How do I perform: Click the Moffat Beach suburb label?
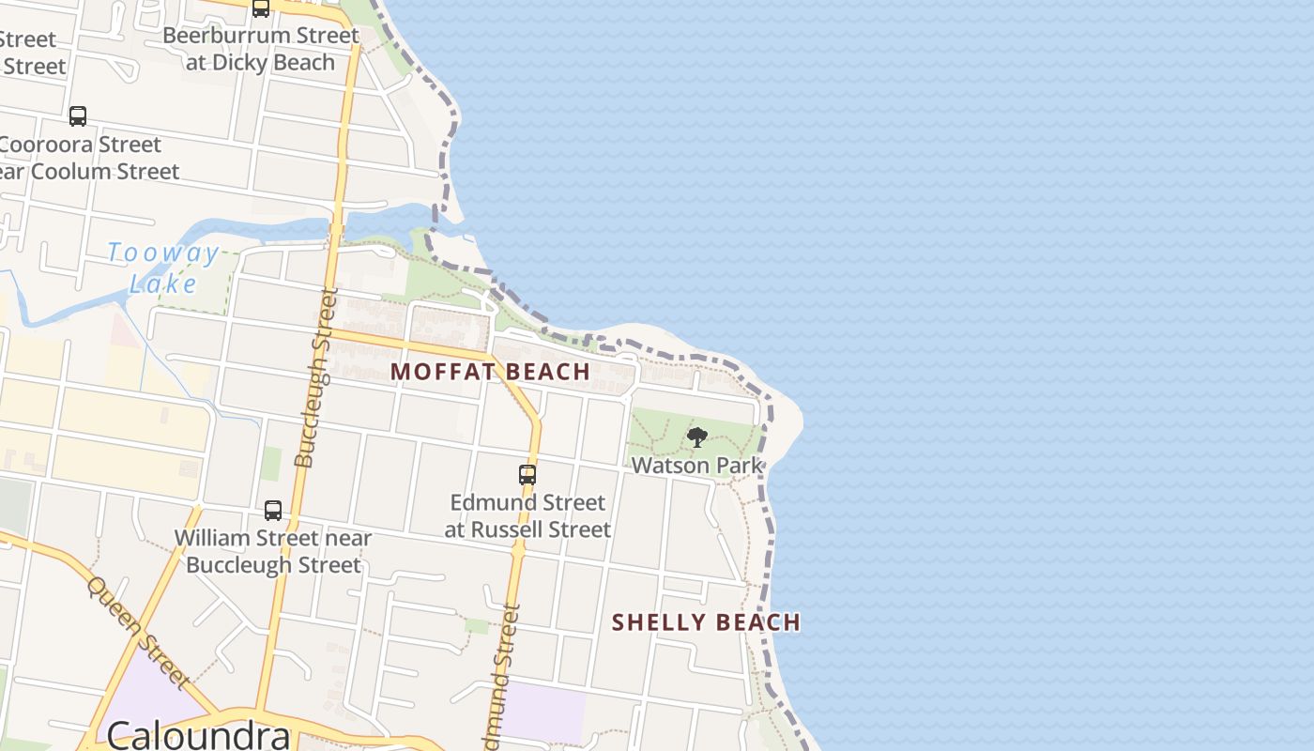tap(490, 372)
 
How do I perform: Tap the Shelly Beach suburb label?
tap(706, 622)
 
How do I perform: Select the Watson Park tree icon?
tap(696, 437)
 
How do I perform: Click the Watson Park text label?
tap(696, 465)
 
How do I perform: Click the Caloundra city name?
tap(198, 735)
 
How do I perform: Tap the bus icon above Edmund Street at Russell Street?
tap(527, 475)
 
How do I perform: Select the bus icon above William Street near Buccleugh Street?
tap(273, 511)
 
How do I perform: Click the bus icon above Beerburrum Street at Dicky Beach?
tap(261, 8)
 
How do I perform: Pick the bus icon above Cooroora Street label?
tap(78, 116)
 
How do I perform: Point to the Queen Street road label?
tap(138, 632)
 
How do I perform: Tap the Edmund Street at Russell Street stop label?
tap(527, 515)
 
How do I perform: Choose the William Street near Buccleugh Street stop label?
tap(273, 551)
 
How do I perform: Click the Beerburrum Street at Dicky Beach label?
tap(261, 49)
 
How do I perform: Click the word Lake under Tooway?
tap(163, 284)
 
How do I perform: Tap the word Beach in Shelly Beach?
tap(756, 622)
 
